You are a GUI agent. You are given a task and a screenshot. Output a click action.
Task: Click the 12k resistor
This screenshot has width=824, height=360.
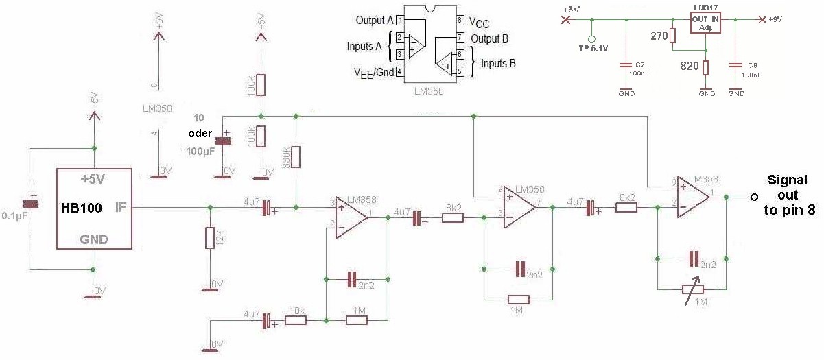(x=210, y=238)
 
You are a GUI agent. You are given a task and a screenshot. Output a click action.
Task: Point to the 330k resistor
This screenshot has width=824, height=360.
(x=296, y=157)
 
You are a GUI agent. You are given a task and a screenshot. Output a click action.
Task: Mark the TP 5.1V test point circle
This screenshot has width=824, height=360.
(x=592, y=39)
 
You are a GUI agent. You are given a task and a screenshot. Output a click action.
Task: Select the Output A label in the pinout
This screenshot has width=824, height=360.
(x=374, y=21)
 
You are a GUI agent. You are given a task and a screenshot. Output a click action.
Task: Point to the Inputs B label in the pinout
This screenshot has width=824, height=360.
(x=498, y=63)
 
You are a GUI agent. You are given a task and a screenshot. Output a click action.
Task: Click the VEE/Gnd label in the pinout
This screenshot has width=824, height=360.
(x=373, y=72)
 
